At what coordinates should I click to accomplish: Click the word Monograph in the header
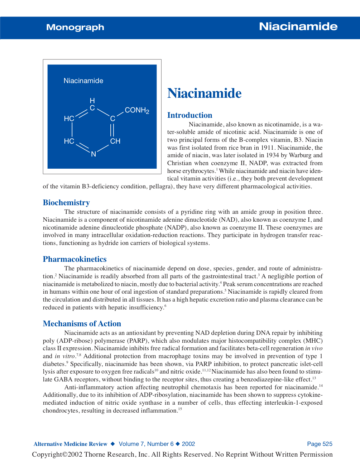(x=75, y=27)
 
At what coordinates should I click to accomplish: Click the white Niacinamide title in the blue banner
(x=298, y=27)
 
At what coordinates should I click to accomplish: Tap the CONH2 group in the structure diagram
(x=137, y=110)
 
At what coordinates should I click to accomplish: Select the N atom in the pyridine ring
(x=93, y=154)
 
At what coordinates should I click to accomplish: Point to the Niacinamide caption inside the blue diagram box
(x=83, y=81)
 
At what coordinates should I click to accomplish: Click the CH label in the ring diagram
(x=115, y=141)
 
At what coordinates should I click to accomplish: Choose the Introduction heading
(x=189, y=115)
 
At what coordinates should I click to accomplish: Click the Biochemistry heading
(x=66, y=203)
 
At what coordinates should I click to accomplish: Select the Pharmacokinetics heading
(x=75, y=259)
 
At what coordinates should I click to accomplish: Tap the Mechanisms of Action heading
(x=82, y=324)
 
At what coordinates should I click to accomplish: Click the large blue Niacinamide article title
(x=204, y=93)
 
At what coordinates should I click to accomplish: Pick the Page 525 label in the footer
(x=320, y=444)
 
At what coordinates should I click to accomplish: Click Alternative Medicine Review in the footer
(x=71, y=444)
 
